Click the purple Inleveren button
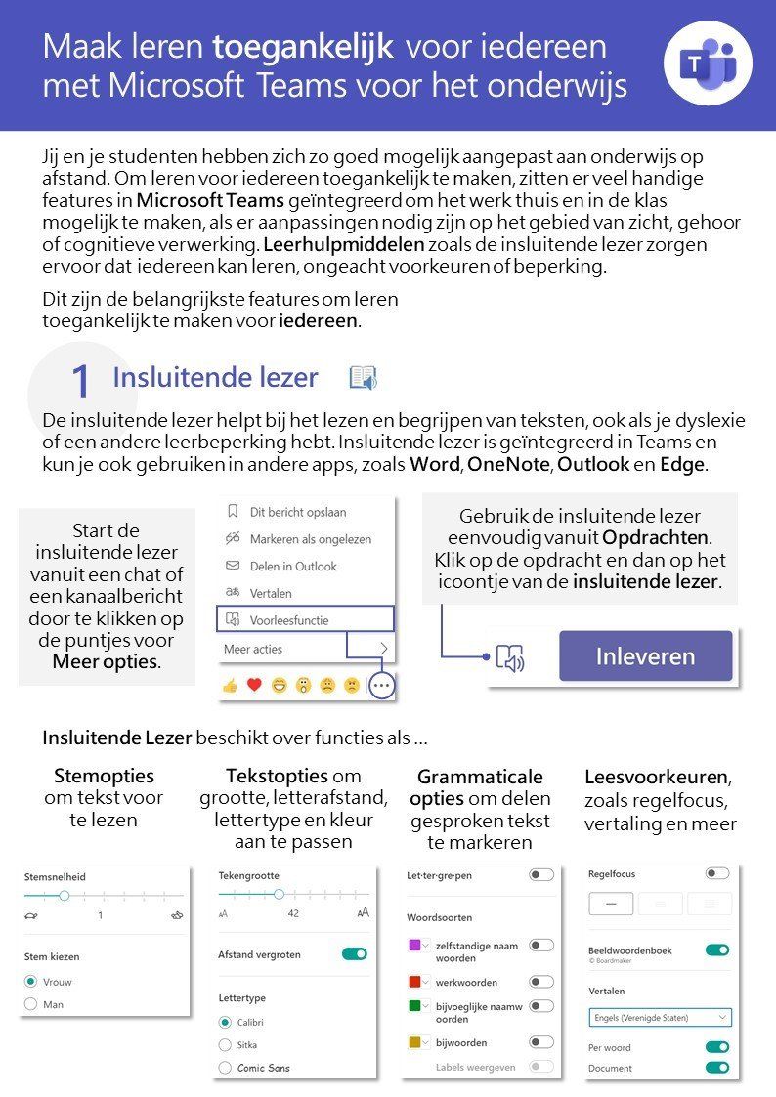pos(645,656)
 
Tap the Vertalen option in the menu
pos(271,593)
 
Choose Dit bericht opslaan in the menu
pos(297,511)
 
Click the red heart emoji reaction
pos(254,686)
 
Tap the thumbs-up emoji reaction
pos(231,686)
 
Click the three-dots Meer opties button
pos(381,686)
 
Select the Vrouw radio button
pos(31,982)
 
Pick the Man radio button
pos(31,1004)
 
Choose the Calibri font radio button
pos(226,1022)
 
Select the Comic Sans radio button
pos(226,1068)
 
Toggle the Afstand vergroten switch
pos(355,953)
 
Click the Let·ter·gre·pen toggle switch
pos(540,875)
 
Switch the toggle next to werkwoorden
pos(540,982)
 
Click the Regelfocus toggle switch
pos(716,873)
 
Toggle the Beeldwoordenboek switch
pos(716,949)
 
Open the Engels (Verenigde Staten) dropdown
pos(660,1017)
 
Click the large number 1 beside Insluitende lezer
pos(81,382)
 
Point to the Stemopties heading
pos(104,777)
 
